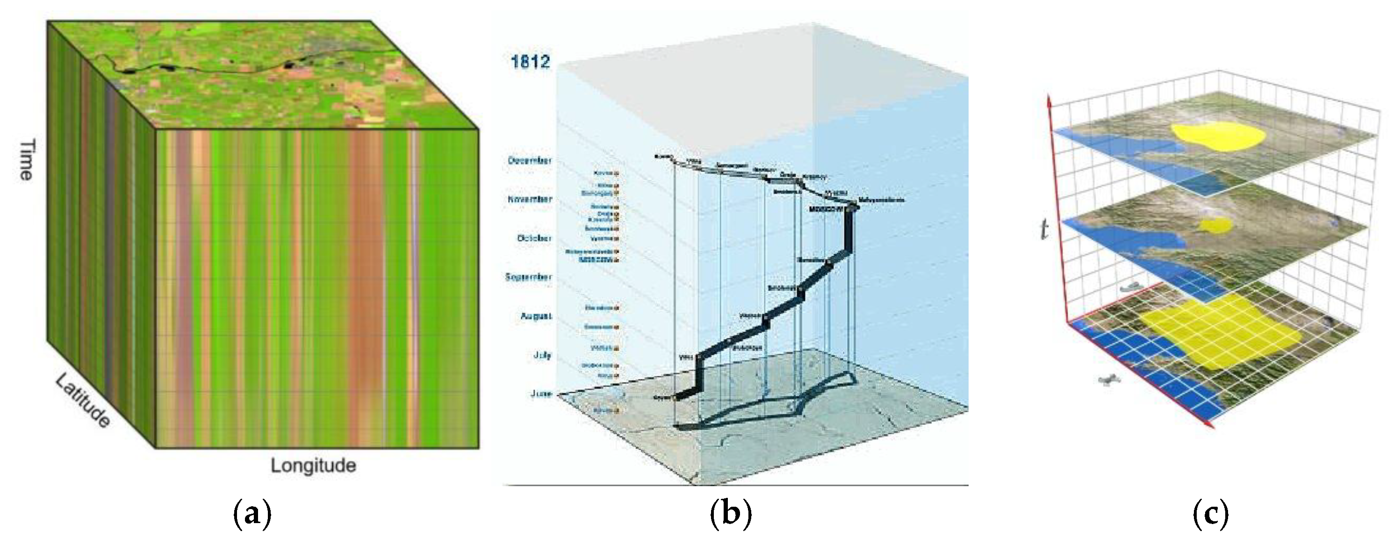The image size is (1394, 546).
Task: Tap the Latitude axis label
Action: pyautogui.click(x=83, y=402)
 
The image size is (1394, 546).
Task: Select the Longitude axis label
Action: pyautogui.click(x=313, y=466)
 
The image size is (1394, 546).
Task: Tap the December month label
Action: pyautogui.click(x=530, y=161)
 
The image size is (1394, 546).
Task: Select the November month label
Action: pyautogui.click(x=530, y=200)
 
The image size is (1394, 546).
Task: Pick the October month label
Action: pyautogui.click(x=533, y=238)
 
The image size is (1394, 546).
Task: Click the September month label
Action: pyautogui.click(x=528, y=277)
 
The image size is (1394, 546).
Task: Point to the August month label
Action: pyautogui.click(x=536, y=316)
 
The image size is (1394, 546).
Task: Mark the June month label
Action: pyautogui.click(x=541, y=394)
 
